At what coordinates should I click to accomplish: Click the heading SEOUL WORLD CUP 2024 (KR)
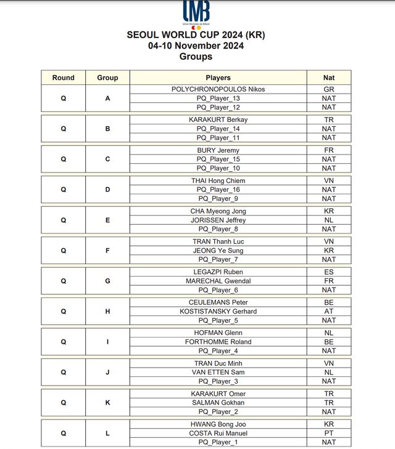pos(196,35)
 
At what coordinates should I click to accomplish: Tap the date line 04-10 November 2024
pos(196,46)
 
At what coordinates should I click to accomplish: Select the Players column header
pos(218,78)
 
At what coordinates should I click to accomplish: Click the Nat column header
pos(329,78)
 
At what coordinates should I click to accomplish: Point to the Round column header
pos(63,78)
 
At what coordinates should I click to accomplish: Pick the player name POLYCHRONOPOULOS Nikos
pos(218,89)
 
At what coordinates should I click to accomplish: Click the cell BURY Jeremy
pos(218,150)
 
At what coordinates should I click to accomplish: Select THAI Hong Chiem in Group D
pos(218,180)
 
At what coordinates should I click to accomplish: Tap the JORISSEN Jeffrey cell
pos(218,220)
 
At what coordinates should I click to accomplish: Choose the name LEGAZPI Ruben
pos(218,272)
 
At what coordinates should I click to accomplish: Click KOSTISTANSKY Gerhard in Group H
pos(218,311)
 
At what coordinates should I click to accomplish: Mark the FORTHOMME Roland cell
pos(218,342)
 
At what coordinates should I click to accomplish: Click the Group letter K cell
pos(107,403)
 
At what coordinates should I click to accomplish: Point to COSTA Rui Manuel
pos(218,433)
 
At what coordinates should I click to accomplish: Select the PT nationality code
pos(329,433)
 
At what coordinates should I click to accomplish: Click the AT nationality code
pos(329,311)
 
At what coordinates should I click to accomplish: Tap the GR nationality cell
pos(329,89)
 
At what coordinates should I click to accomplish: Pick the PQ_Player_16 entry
pos(218,190)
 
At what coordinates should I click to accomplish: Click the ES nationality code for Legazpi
pos(329,272)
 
